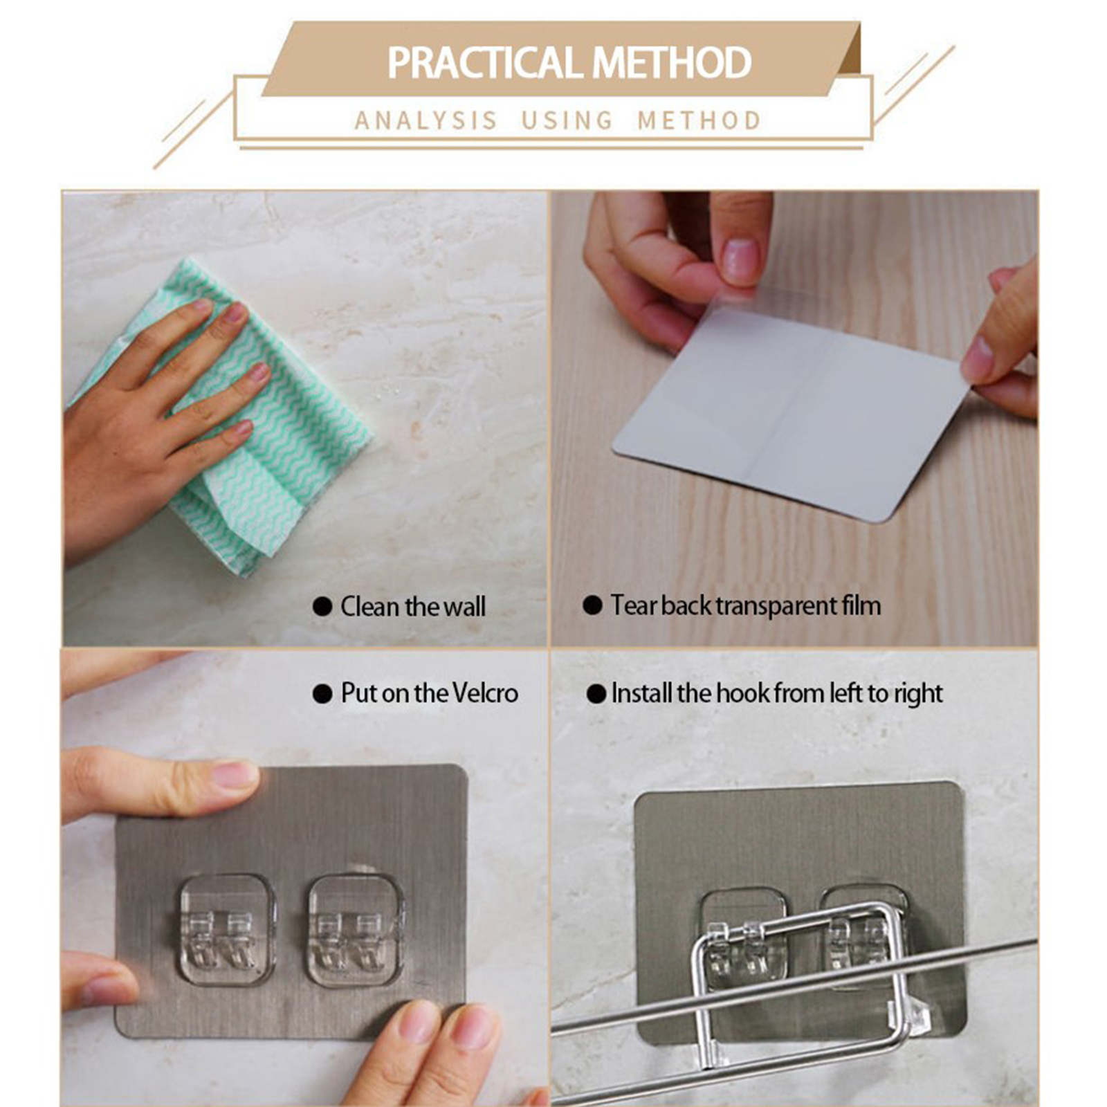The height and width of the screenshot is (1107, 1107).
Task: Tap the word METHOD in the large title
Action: pyautogui.click(x=672, y=62)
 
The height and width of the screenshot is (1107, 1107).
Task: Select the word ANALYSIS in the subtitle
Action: pyautogui.click(x=426, y=121)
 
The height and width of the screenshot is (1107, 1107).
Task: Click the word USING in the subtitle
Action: pyautogui.click(x=567, y=121)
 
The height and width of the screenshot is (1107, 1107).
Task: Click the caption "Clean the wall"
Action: pyautogui.click(x=413, y=607)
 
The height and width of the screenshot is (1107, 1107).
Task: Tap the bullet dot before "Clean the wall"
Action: pyautogui.click(x=322, y=607)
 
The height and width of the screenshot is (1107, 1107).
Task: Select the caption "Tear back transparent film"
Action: pyautogui.click(x=746, y=605)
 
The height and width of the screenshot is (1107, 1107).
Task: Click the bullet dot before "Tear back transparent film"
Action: pyautogui.click(x=592, y=605)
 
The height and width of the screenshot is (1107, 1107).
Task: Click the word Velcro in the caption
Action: pyautogui.click(x=485, y=693)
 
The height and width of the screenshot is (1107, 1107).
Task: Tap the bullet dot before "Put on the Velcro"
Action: pyautogui.click(x=322, y=694)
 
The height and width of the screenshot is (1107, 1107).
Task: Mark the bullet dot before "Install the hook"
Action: pyautogui.click(x=596, y=694)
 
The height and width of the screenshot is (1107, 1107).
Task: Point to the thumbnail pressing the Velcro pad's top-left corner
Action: pyautogui.click(x=233, y=775)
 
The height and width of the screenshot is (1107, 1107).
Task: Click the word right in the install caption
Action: pyautogui.click(x=918, y=694)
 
